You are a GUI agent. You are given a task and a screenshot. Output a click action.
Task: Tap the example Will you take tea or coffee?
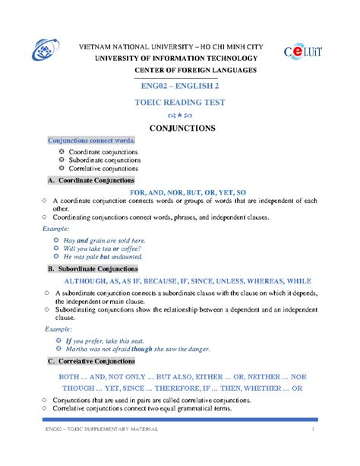point(103,249)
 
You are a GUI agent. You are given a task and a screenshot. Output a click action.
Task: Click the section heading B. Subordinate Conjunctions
point(93,269)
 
